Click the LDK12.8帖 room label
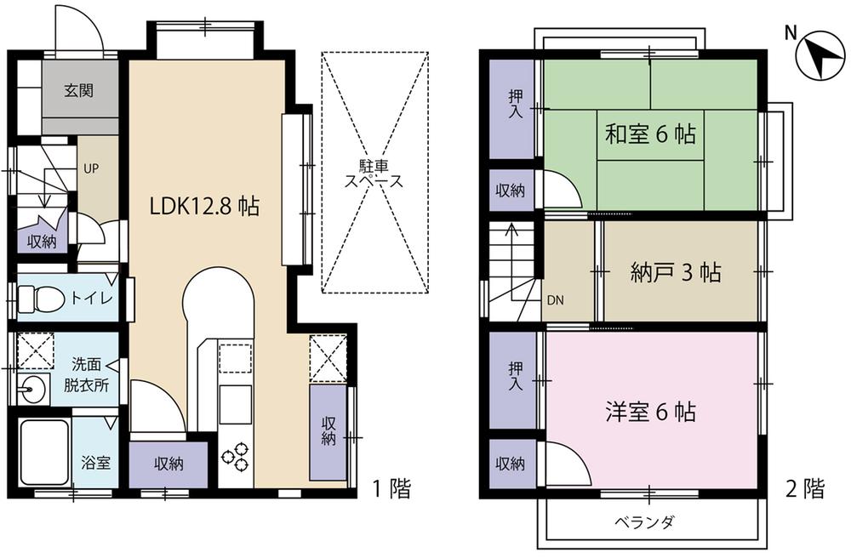click(204, 207)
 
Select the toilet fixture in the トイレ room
click(40, 299)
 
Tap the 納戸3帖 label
click(677, 273)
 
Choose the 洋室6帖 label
click(651, 413)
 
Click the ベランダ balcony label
click(643, 521)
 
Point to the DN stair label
click(554, 300)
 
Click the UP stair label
click(91, 168)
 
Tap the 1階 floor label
click(391, 488)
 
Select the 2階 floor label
click(803, 488)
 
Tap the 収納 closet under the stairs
click(42, 241)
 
